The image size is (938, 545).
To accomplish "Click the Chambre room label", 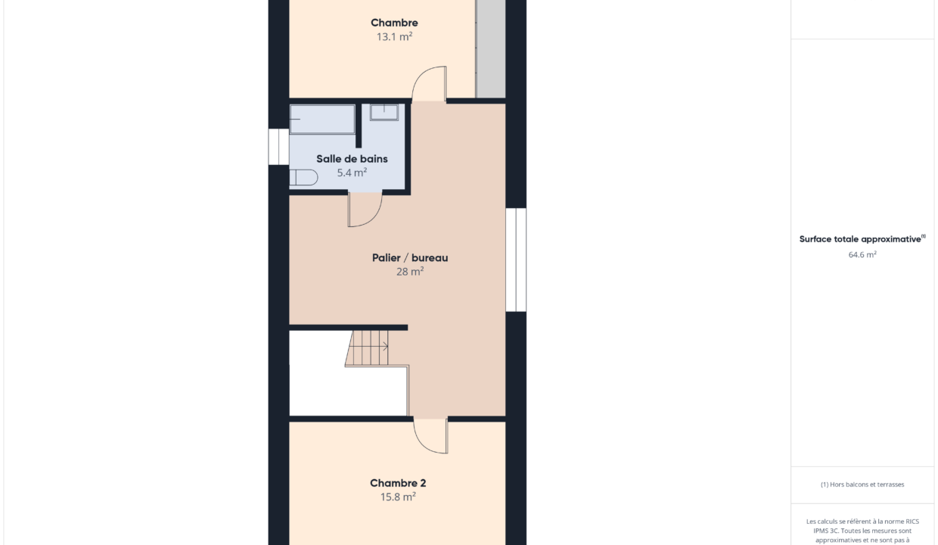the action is (394, 23).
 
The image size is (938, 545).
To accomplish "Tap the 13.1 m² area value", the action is (394, 37).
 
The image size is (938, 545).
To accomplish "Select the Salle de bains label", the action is (352, 159).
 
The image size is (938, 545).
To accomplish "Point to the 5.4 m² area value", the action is (352, 173).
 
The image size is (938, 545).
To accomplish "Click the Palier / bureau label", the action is (410, 257).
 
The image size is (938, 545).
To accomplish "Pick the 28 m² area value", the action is (410, 272).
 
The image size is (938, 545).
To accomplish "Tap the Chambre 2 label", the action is (398, 483).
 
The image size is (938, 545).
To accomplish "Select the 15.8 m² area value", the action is (398, 497).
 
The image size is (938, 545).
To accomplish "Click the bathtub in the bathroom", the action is (322, 120).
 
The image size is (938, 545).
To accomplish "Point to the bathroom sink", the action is (384, 112).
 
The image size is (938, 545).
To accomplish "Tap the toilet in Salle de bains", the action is (303, 177).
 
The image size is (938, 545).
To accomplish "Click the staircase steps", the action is (367, 348).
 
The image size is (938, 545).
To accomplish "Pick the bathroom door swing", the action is (374, 218).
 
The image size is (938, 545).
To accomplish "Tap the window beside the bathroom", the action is (278, 147).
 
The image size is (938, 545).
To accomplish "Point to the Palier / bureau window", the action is (516, 260).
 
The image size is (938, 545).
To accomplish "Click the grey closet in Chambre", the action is (490, 49).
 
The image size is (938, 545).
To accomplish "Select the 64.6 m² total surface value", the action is (862, 254).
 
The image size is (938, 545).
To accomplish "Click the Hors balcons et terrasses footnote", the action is (862, 484).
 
